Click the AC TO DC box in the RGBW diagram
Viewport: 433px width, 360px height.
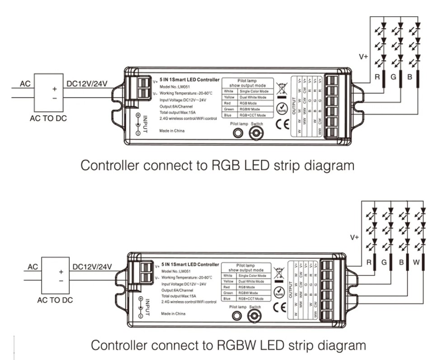55,275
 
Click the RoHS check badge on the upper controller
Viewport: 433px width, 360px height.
282,109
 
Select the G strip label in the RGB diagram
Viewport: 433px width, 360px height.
393,77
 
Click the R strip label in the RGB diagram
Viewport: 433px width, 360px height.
377,77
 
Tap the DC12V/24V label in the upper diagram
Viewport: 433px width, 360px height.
86,84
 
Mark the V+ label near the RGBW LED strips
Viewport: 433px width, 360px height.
354,237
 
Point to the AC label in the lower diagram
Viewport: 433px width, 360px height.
33,267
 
